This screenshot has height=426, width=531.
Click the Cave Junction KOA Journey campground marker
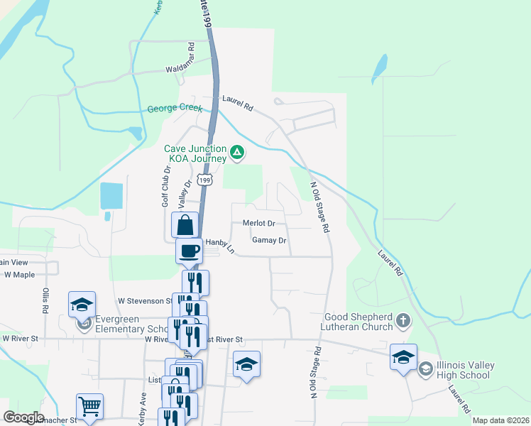(237, 152)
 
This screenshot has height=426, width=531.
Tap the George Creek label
(175, 109)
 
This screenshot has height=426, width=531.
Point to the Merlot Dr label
(258, 223)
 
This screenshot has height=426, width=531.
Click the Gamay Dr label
(269, 241)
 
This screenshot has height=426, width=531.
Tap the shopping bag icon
(185, 225)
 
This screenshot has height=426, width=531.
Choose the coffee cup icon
(190, 251)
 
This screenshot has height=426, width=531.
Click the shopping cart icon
(90, 406)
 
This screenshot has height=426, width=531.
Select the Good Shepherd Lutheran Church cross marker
(403, 320)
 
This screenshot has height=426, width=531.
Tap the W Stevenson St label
(146, 301)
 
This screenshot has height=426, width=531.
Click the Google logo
(24, 417)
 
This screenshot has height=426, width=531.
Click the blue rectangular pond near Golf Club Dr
(111, 196)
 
